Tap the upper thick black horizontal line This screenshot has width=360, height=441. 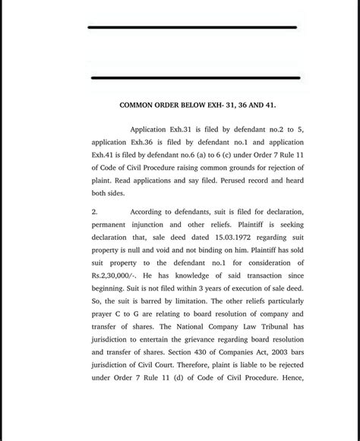(191, 27)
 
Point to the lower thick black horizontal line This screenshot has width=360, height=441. (195, 77)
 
